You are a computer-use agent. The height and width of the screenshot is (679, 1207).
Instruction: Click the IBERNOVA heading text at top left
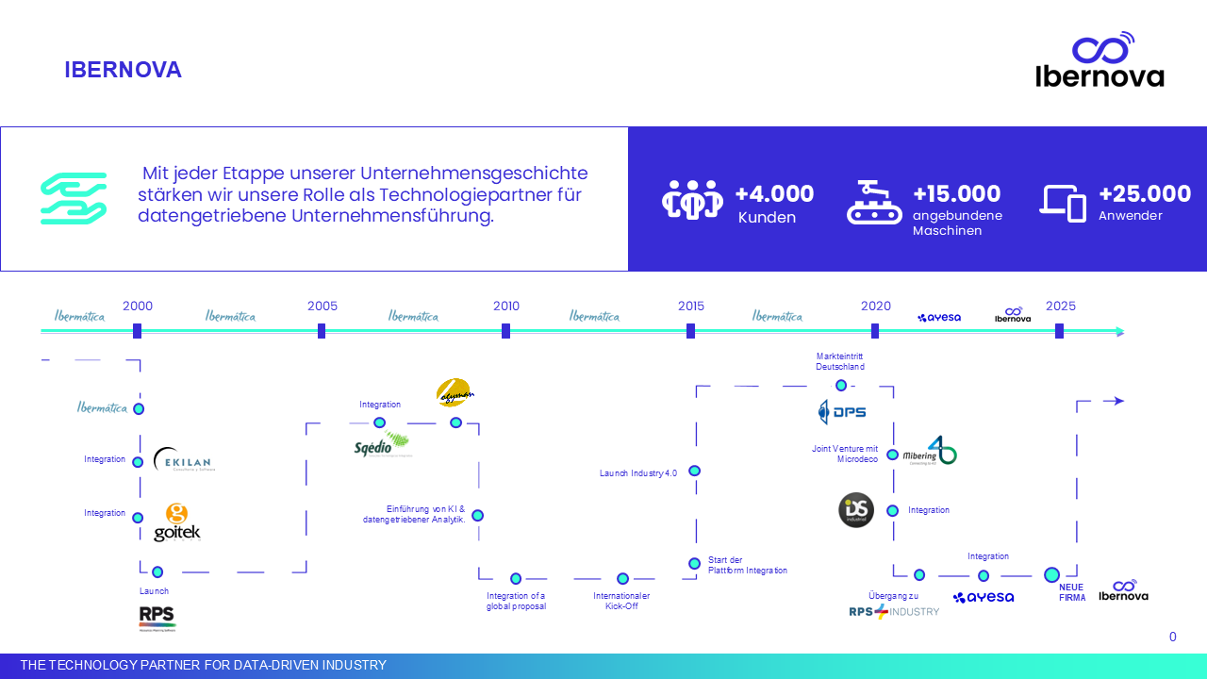point(123,70)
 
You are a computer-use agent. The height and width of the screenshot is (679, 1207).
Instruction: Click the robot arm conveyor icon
point(874,202)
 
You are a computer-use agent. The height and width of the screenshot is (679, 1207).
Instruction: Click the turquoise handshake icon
point(74,198)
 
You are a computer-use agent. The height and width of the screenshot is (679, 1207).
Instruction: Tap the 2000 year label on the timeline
point(138,306)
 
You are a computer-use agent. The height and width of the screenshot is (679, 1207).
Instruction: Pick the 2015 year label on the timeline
point(691,306)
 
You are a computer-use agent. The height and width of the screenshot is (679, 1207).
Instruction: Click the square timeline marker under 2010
point(506,331)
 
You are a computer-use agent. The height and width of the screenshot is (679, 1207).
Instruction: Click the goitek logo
point(177,522)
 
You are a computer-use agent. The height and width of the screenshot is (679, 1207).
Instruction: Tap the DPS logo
point(842,412)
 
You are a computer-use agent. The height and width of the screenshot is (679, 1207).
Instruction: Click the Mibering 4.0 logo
point(930,452)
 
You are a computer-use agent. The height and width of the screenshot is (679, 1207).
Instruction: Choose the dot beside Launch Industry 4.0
point(695,471)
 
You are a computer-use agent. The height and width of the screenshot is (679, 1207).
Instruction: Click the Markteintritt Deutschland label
point(840,361)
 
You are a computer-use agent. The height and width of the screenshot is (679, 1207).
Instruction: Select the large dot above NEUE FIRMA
point(1052,574)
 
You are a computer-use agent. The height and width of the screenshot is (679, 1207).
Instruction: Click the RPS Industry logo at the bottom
point(894,611)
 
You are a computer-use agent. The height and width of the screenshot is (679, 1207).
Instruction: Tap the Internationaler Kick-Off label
point(621,601)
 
